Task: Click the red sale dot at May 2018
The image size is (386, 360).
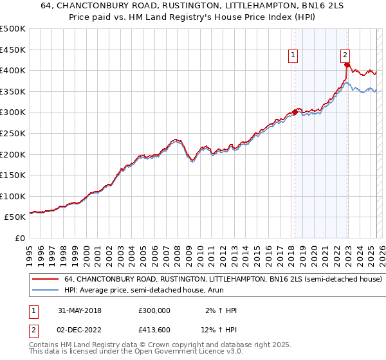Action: tap(295, 112)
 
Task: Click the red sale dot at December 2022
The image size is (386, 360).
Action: tap(347, 64)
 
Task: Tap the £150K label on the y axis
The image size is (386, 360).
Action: tap(13, 175)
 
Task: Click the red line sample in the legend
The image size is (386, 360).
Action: tap(45, 280)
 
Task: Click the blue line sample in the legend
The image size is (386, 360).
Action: tap(45, 291)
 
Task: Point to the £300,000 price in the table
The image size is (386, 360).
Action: tap(154, 310)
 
